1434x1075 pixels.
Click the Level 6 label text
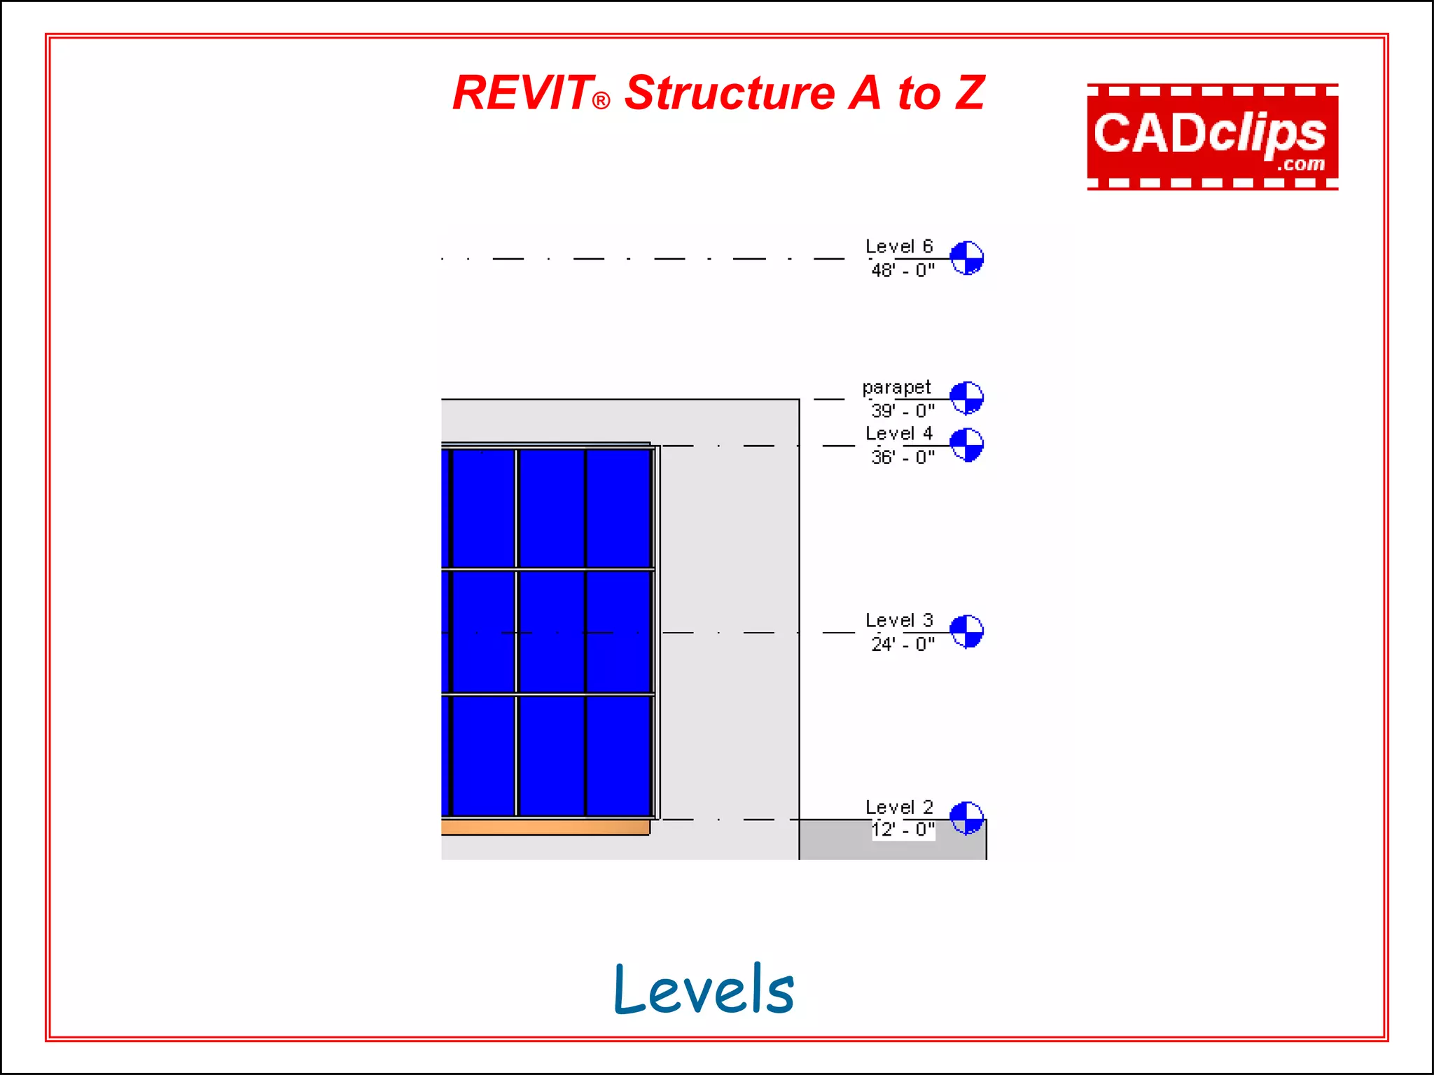(899, 246)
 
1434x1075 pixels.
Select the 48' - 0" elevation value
(903, 270)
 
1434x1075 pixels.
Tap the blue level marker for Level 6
(966, 258)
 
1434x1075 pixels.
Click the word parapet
(896, 388)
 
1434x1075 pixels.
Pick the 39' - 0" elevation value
(903, 411)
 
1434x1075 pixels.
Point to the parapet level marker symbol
(966, 398)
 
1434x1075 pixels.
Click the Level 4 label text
(899, 433)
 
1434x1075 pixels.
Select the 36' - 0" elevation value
(903, 457)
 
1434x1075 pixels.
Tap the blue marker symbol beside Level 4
(966, 444)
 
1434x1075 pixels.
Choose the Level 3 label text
(899, 620)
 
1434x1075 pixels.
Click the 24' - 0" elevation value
(903, 644)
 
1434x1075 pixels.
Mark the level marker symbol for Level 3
(966, 631)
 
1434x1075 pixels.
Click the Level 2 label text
(899, 807)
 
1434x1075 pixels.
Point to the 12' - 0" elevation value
(903, 830)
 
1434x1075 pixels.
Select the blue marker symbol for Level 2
(966, 818)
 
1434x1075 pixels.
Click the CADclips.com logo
(1212, 136)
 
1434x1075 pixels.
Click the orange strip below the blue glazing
(545, 828)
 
